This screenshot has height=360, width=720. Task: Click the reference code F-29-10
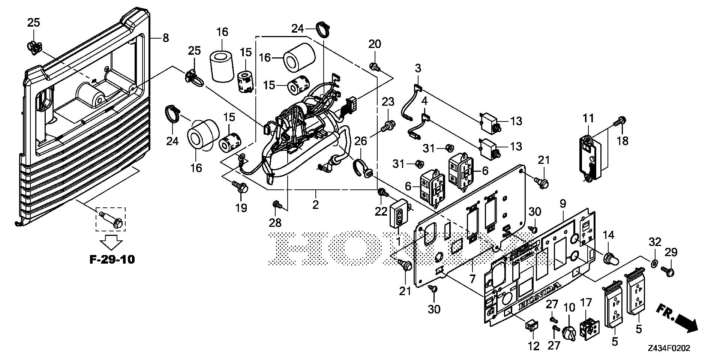click(x=112, y=259)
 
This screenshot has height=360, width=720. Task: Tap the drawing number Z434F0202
click(x=669, y=348)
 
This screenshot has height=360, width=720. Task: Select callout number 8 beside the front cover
click(x=165, y=38)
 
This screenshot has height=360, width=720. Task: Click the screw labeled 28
click(x=277, y=204)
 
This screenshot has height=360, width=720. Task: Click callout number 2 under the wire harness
click(x=315, y=205)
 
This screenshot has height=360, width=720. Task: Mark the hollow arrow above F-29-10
click(x=112, y=242)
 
